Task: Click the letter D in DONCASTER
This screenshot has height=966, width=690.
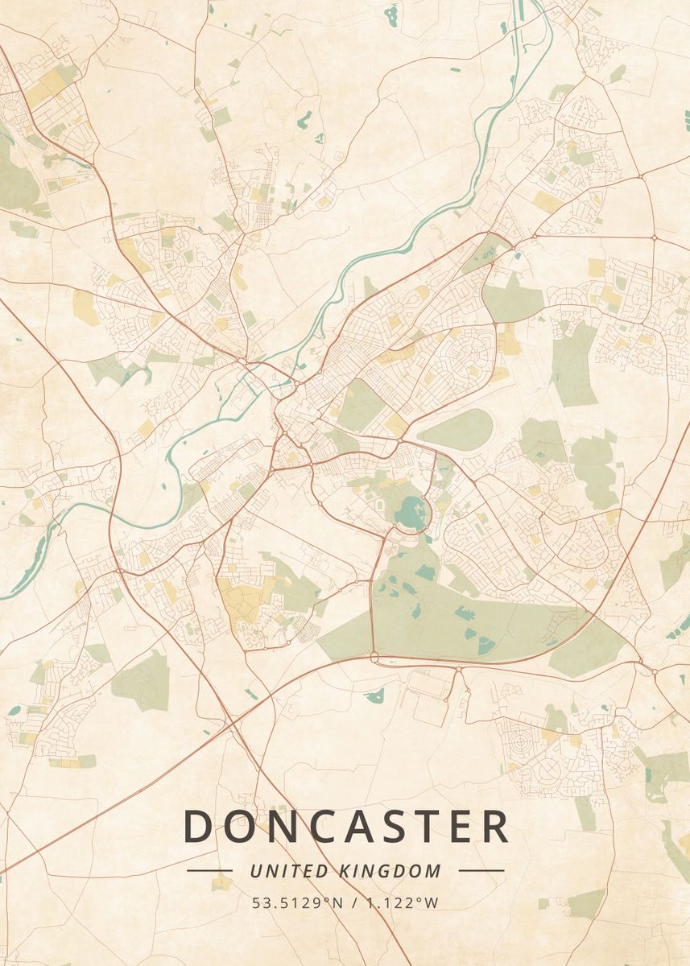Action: [x=199, y=826]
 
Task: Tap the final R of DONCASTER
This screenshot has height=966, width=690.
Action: [x=495, y=826]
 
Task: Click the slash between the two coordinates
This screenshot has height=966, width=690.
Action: [x=357, y=903]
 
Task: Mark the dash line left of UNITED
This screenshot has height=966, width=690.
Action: [x=209, y=870]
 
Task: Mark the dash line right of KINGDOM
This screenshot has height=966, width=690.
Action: [x=481, y=870]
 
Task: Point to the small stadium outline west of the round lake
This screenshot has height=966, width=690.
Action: [x=380, y=505]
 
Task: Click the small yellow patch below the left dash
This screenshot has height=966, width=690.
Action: [x=221, y=884]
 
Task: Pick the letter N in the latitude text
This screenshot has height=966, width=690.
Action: [x=338, y=903]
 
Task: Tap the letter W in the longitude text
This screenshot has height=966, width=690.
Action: [x=432, y=903]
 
